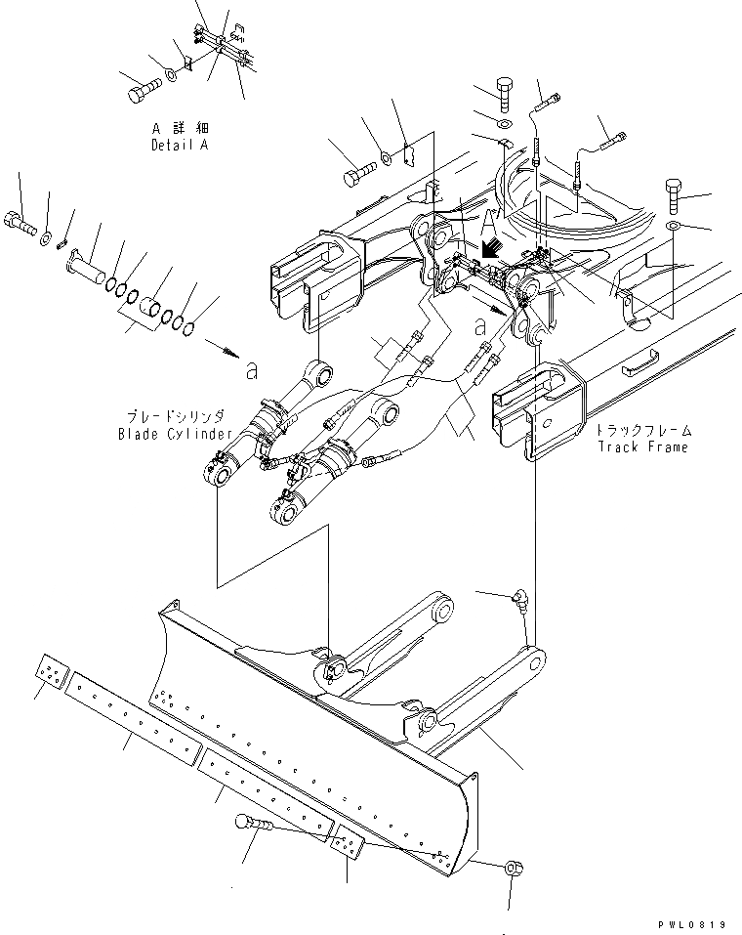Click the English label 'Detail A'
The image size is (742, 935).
coord(180,145)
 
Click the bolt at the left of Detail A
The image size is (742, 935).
coord(141,91)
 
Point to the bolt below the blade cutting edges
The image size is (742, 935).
coord(252,827)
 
